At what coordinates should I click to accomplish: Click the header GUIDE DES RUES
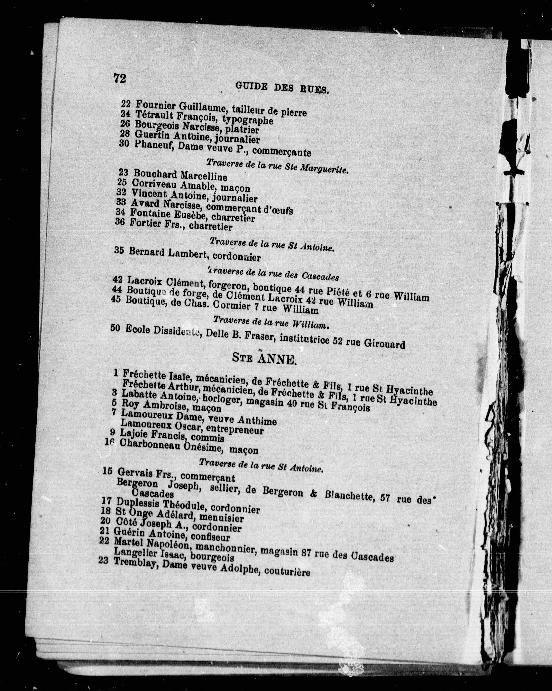point(282,87)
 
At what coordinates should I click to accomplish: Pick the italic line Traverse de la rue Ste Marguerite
point(277,166)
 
